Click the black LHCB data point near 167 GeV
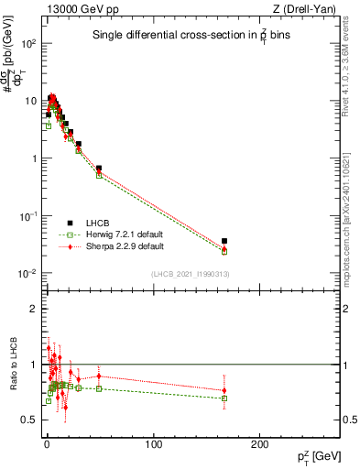(x=224, y=241)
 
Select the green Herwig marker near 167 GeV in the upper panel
(x=224, y=251)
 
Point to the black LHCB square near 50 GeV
(x=99, y=169)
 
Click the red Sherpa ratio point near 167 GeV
(x=224, y=390)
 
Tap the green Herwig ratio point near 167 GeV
(x=224, y=398)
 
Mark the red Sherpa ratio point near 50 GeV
(x=99, y=376)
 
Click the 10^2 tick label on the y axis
(x=28, y=43)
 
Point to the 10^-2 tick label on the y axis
(x=27, y=274)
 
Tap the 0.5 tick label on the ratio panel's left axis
(x=30, y=420)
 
